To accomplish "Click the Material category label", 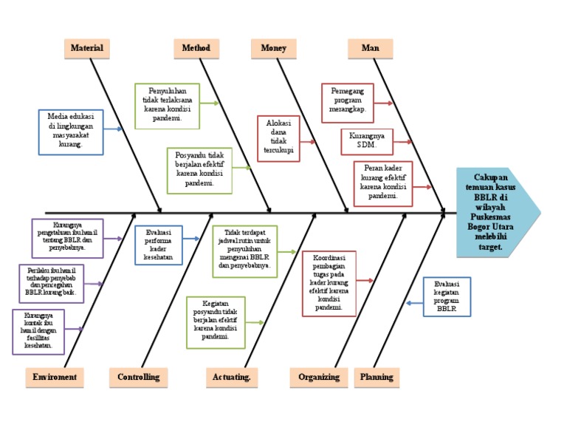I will tap(86, 48).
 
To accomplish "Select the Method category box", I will tap(196, 48).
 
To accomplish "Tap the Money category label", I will tap(273, 48).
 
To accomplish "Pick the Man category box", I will tap(370, 48).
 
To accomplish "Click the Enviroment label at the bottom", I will tap(54, 377).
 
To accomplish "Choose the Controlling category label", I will tap(138, 377).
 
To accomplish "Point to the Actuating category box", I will tap(231, 377).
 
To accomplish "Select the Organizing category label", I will tap(319, 377).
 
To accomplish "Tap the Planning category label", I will tap(377, 377).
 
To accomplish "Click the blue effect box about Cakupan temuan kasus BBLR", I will tap(492, 213).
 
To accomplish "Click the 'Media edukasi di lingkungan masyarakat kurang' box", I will tap(71, 131).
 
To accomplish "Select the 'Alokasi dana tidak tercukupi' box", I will tap(278, 138).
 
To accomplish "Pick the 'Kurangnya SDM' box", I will tap(366, 141).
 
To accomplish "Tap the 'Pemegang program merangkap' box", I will tap(348, 103).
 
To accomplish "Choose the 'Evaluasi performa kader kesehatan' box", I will tap(158, 245).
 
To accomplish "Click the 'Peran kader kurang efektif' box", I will tap(382, 183).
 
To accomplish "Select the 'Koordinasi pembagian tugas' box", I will tap(329, 283).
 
